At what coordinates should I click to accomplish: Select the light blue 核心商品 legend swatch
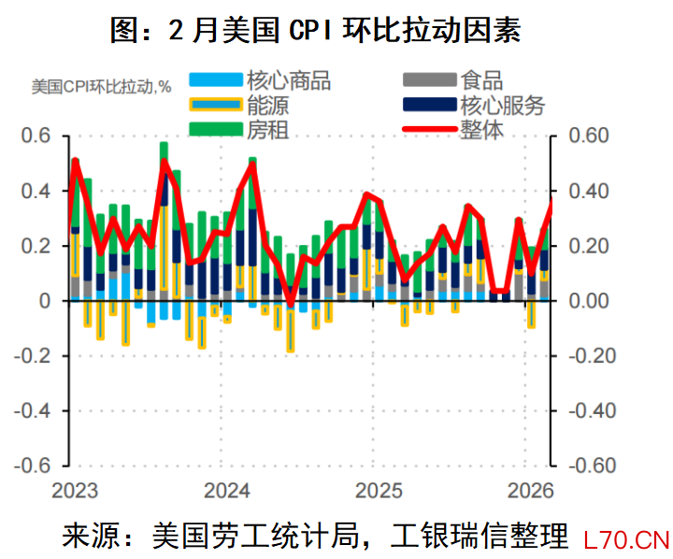(214, 80)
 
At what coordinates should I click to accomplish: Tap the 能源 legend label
(267, 105)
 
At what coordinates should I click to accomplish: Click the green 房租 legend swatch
(214, 129)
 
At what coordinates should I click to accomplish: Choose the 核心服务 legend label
(502, 105)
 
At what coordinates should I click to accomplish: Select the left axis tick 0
(43, 301)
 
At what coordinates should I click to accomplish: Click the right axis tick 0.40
(589, 192)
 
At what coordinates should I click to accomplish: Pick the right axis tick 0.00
(589, 301)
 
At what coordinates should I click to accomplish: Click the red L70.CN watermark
(625, 539)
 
